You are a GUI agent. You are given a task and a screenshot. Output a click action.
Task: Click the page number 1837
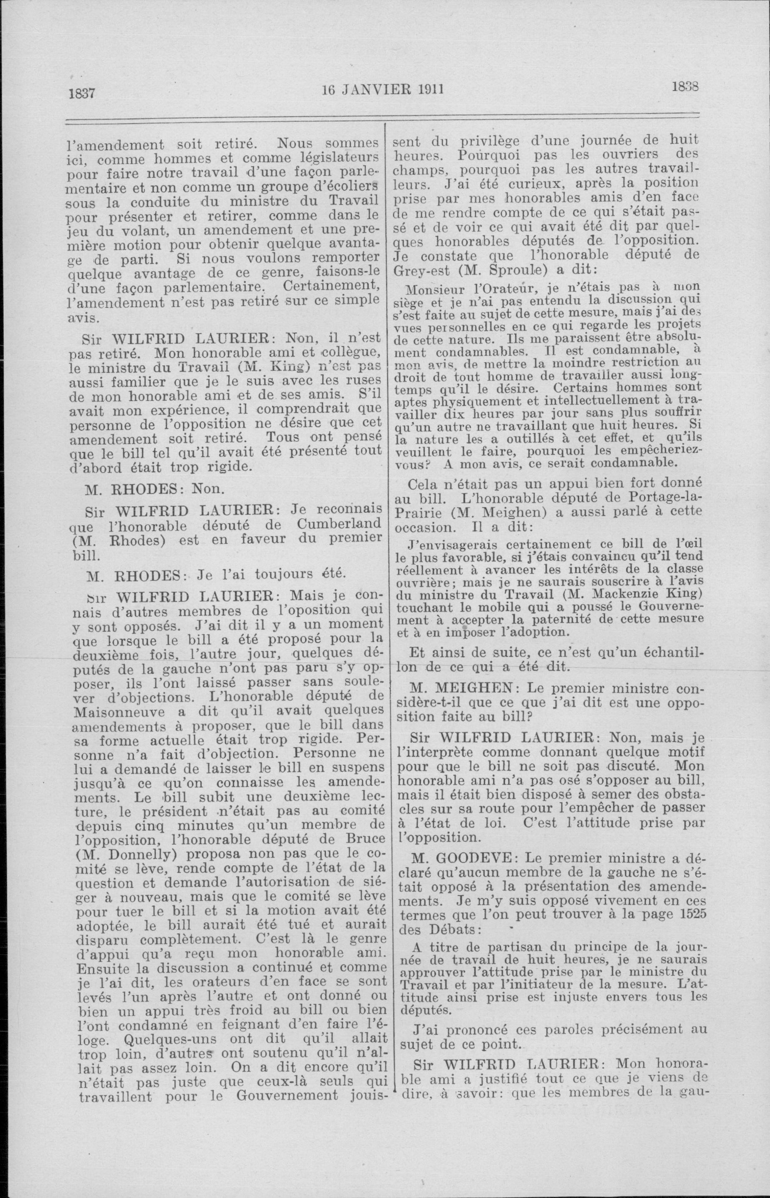pos(82,93)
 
